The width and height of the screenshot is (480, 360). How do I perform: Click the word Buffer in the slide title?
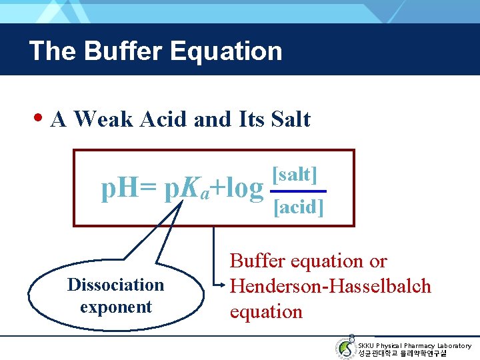(x=116, y=51)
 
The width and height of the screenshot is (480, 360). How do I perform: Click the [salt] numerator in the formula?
(x=295, y=175)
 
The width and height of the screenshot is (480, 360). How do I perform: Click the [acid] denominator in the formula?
(x=299, y=207)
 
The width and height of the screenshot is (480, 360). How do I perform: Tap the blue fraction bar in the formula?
(x=298, y=191)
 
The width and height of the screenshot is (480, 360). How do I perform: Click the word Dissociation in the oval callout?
(x=115, y=285)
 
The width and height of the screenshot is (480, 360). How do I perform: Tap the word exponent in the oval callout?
(x=116, y=307)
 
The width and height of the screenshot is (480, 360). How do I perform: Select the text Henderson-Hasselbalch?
(x=331, y=286)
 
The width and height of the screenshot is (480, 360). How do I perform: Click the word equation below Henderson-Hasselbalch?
(x=266, y=311)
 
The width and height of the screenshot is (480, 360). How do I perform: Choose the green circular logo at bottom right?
(x=345, y=348)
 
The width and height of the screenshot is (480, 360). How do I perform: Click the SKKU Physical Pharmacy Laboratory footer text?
(x=414, y=345)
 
